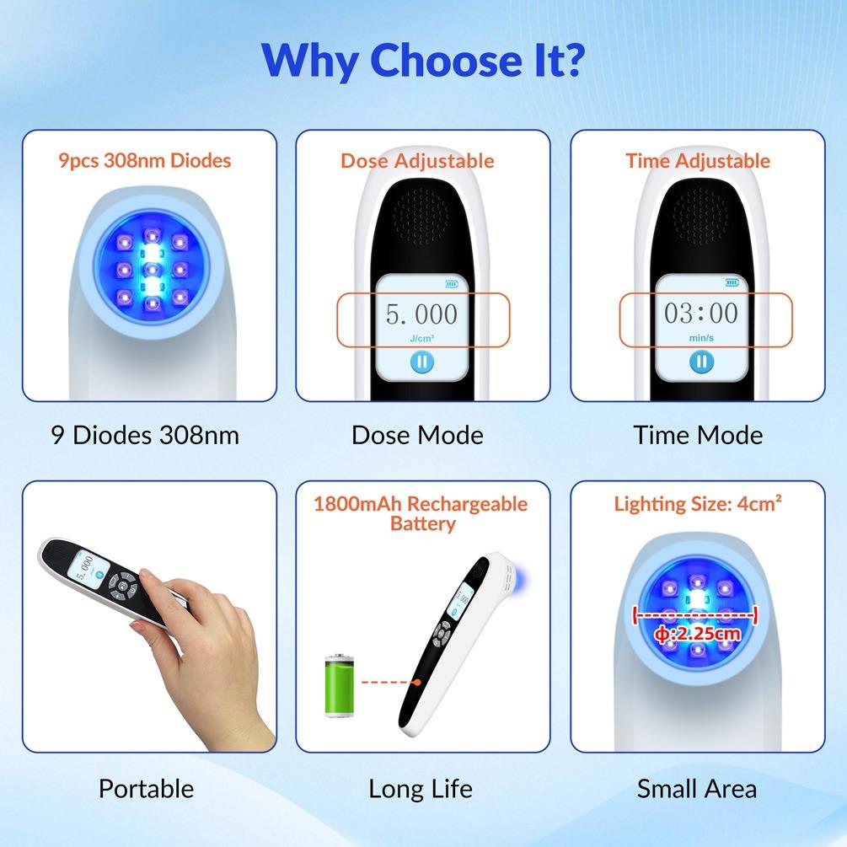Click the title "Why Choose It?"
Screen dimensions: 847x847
coord(423,61)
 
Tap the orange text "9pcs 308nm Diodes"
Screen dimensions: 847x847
coord(145,160)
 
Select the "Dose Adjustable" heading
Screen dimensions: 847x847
coord(417,161)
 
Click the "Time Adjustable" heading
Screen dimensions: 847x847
coord(698,161)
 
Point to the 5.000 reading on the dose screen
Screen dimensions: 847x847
coord(421,314)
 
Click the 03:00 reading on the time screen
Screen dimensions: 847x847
coord(701,314)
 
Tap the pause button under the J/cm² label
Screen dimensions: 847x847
coord(422,362)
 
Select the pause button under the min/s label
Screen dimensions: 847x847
coord(701,362)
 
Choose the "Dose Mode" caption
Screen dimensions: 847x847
coord(417,435)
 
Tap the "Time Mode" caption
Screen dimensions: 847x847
coord(698,435)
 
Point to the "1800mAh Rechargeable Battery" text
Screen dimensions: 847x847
coord(421,513)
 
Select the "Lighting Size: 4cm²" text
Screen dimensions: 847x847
coord(698,504)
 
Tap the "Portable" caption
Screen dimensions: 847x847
coord(146,789)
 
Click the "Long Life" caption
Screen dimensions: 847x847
coord(421,789)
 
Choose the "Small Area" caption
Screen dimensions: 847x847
coord(697,789)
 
